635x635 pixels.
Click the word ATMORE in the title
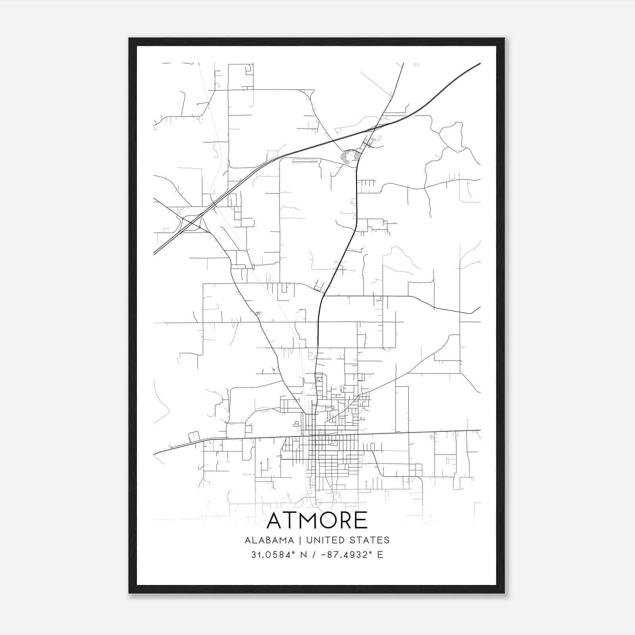[317, 521]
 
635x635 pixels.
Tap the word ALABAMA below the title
[269, 540]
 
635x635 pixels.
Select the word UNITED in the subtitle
[324, 540]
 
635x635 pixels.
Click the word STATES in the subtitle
[370, 540]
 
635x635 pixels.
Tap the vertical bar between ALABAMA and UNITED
[298, 540]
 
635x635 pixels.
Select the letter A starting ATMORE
[275, 521]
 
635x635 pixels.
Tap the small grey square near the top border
[416, 64]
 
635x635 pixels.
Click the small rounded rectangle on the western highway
[194, 437]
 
